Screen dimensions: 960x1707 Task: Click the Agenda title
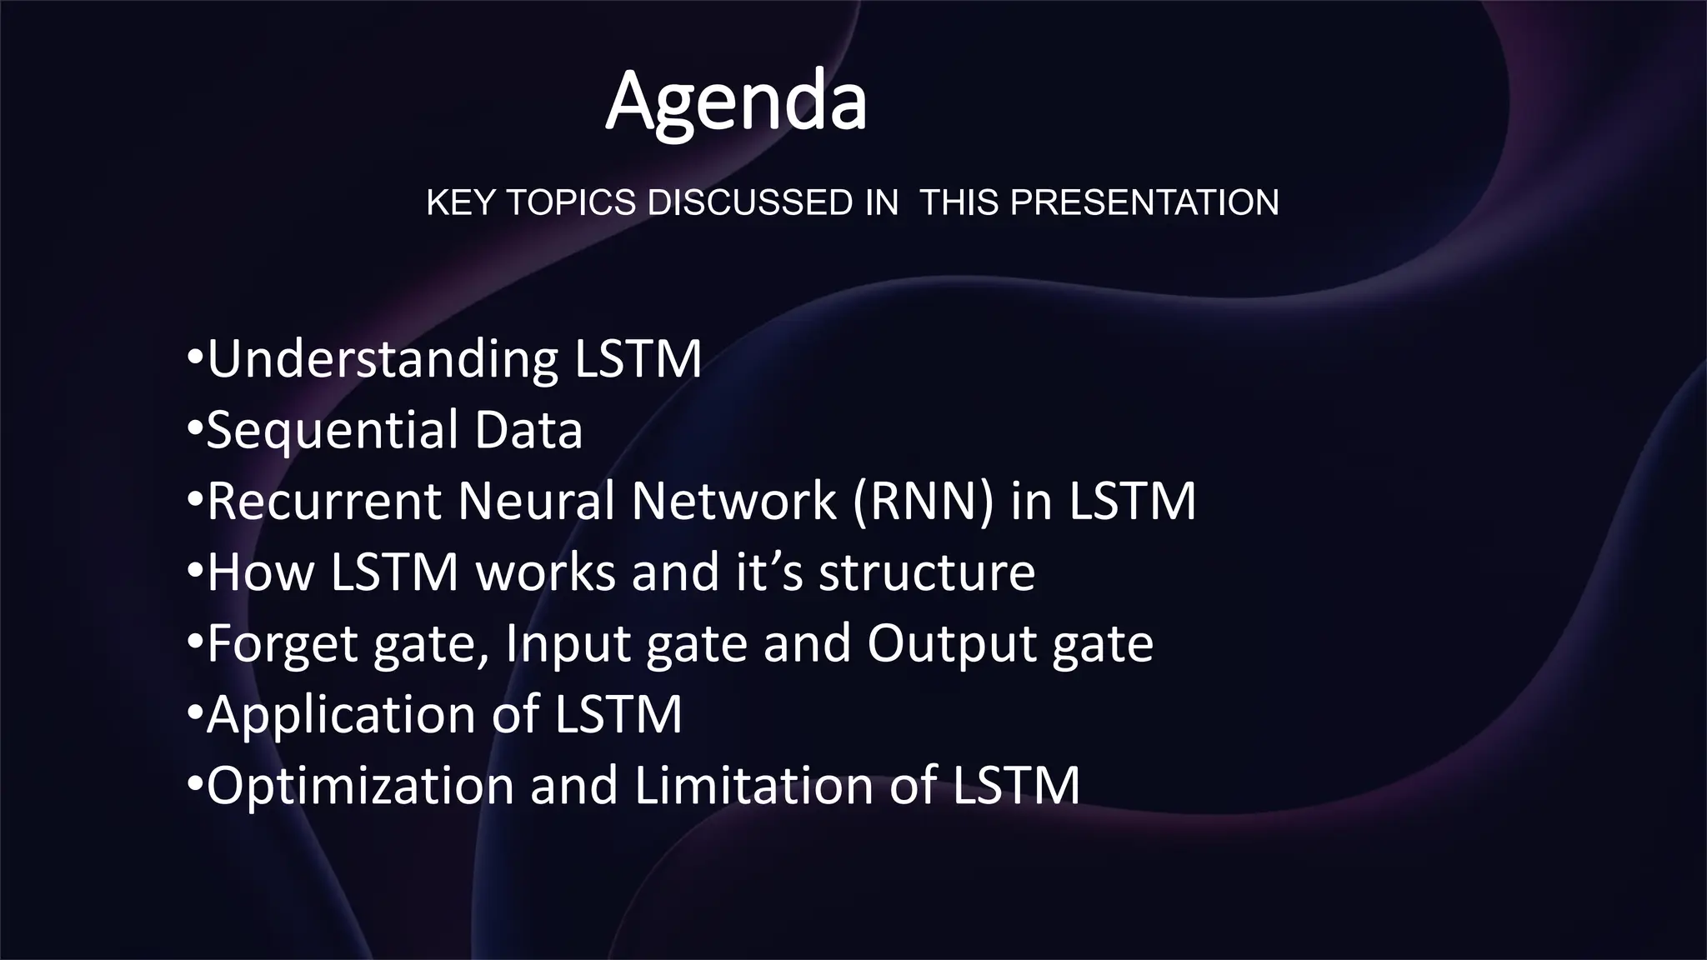coord(735,102)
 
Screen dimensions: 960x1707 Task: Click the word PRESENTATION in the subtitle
coord(1144,202)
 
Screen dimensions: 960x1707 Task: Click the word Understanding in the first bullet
coord(383,360)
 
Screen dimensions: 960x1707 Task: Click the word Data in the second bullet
coord(528,431)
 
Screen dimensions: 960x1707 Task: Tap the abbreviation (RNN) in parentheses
coord(924,502)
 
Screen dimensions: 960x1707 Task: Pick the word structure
coord(927,572)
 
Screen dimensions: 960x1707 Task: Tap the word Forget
coord(282,644)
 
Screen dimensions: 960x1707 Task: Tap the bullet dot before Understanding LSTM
coord(194,360)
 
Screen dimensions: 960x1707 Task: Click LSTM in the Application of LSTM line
coord(618,715)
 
